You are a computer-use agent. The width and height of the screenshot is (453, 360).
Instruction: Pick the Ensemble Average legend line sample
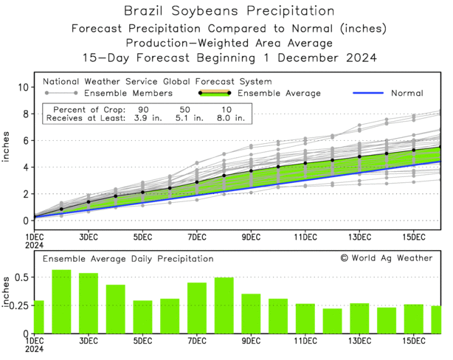tap(215, 94)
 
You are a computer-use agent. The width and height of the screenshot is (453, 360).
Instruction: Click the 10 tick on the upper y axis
tap(24, 87)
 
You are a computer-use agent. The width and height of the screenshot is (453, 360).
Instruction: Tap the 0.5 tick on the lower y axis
tap(21, 277)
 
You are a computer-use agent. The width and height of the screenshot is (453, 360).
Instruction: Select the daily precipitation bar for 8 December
tap(224, 305)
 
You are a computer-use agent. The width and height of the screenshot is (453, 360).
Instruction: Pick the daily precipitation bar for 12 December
tap(333, 320)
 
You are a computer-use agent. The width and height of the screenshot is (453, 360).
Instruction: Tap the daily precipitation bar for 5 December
tap(143, 316)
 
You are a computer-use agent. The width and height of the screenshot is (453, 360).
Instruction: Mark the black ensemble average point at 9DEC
tap(251, 171)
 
